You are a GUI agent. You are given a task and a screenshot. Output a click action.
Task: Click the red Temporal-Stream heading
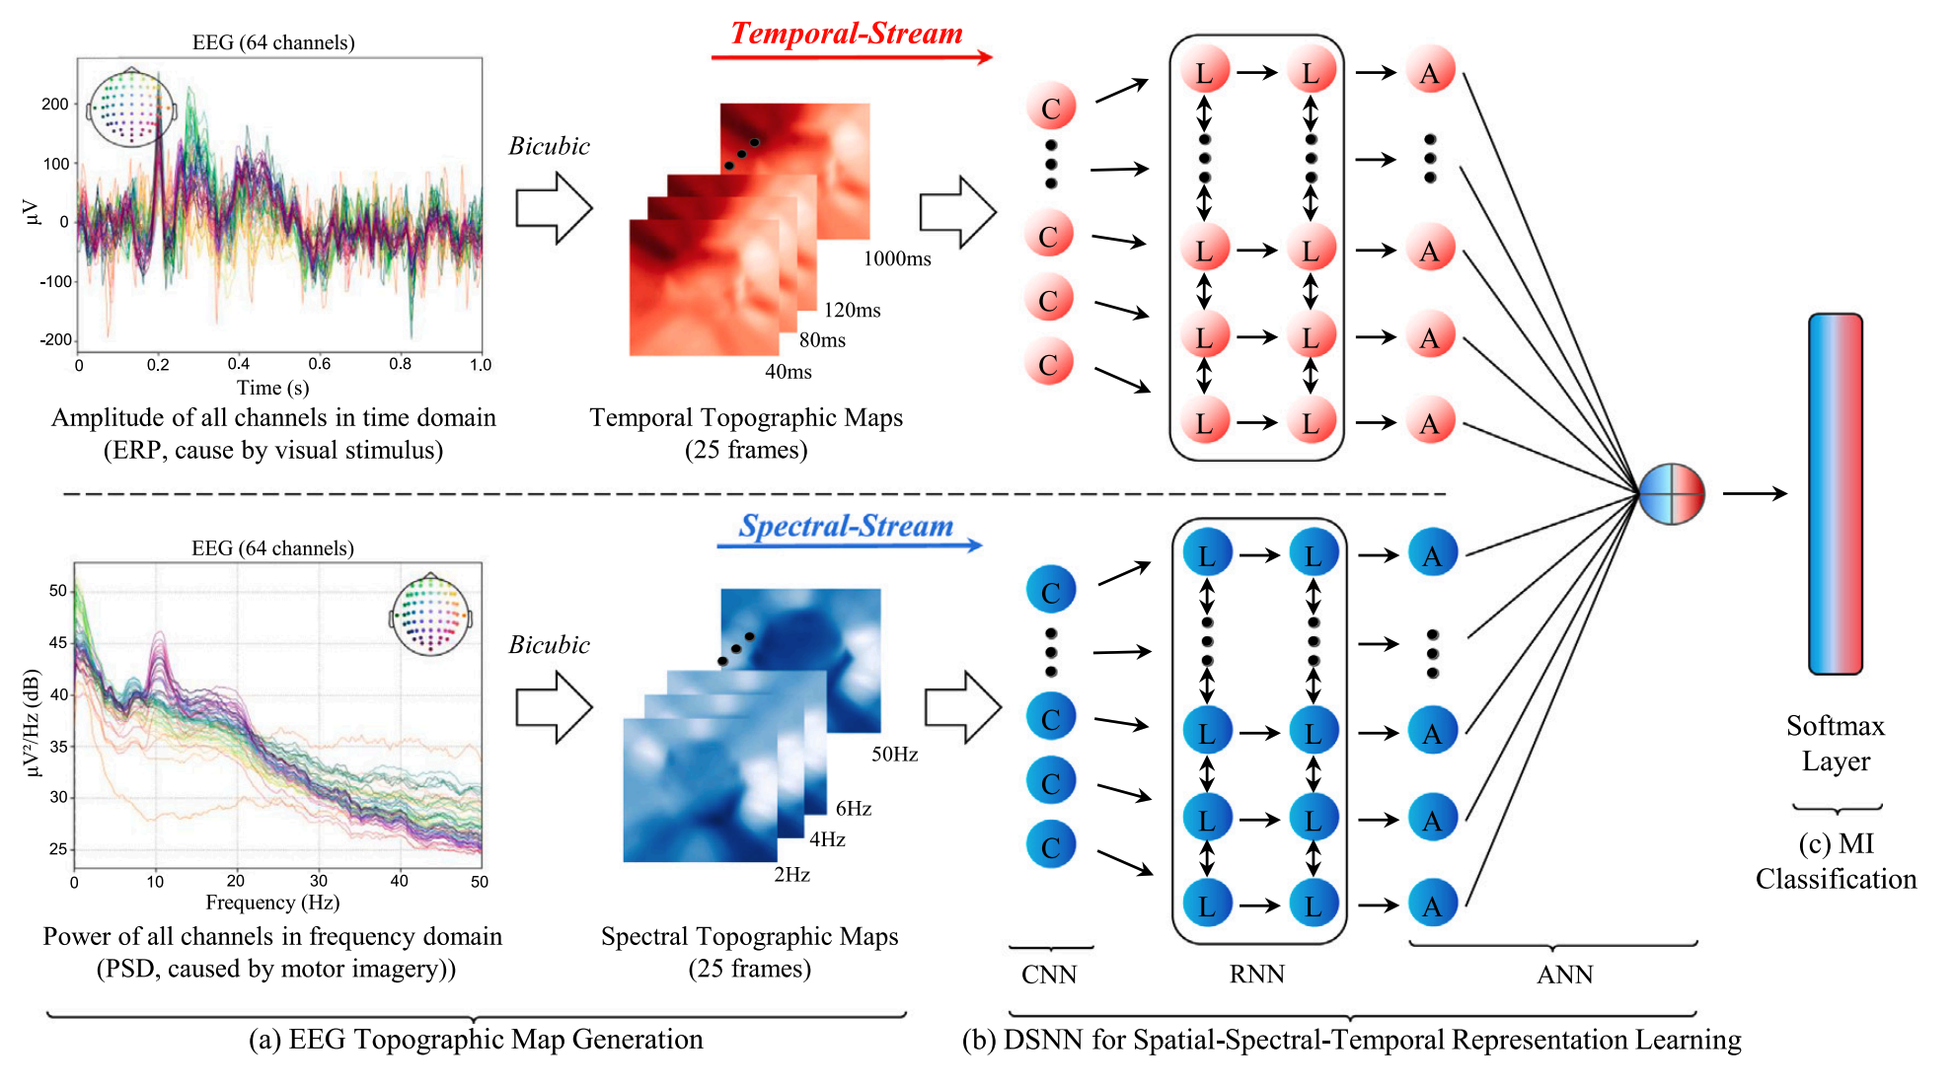pos(846,34)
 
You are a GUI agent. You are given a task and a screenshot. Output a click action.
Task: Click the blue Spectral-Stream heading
pos(846,526)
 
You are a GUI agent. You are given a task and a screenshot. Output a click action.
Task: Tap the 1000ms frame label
pos(897,258)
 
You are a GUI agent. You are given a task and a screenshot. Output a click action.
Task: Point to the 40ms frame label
pos(789,372)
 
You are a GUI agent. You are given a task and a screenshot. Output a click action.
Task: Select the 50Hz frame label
pos(894,755)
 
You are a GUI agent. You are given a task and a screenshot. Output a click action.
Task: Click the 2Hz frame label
pos(791,875)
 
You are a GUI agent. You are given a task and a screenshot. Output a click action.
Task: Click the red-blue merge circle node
pos(1672,493)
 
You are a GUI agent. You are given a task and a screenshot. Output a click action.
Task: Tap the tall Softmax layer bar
pos(1835,493)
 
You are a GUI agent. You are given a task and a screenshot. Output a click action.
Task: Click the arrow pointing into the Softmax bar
pos(1755,493)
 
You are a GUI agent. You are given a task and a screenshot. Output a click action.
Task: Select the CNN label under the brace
pos(1049,975)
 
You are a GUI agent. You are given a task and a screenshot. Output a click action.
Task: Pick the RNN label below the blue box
pos(1256,975)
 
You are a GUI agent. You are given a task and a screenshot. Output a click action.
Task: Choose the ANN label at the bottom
pos(1564,975)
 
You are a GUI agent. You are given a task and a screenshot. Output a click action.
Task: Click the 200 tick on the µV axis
pos(55,105)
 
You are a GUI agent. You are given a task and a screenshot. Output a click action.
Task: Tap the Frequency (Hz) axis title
pos(272,903)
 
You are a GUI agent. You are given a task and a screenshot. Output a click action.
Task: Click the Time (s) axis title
pos(272,388)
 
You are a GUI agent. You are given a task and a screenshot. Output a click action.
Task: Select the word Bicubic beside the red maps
pos(549,146)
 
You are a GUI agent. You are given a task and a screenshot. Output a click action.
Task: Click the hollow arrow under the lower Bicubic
pos(554,707)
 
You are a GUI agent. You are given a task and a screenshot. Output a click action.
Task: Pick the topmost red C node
pos(1051,108)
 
